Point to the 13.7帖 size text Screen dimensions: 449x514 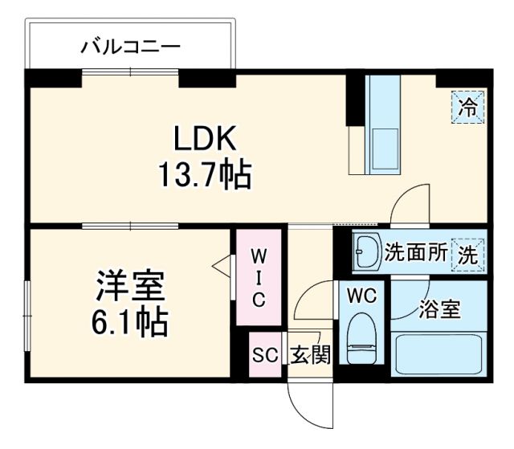(x=204, y=173)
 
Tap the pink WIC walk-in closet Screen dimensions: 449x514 (x=259, y=278)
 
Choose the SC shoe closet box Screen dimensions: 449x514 (x=265, y=355)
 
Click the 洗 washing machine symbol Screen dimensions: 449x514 (x=467, y=254)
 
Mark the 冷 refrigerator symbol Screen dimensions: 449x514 (x=468, y=104)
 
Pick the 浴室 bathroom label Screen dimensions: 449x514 (x=439, y=309)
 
